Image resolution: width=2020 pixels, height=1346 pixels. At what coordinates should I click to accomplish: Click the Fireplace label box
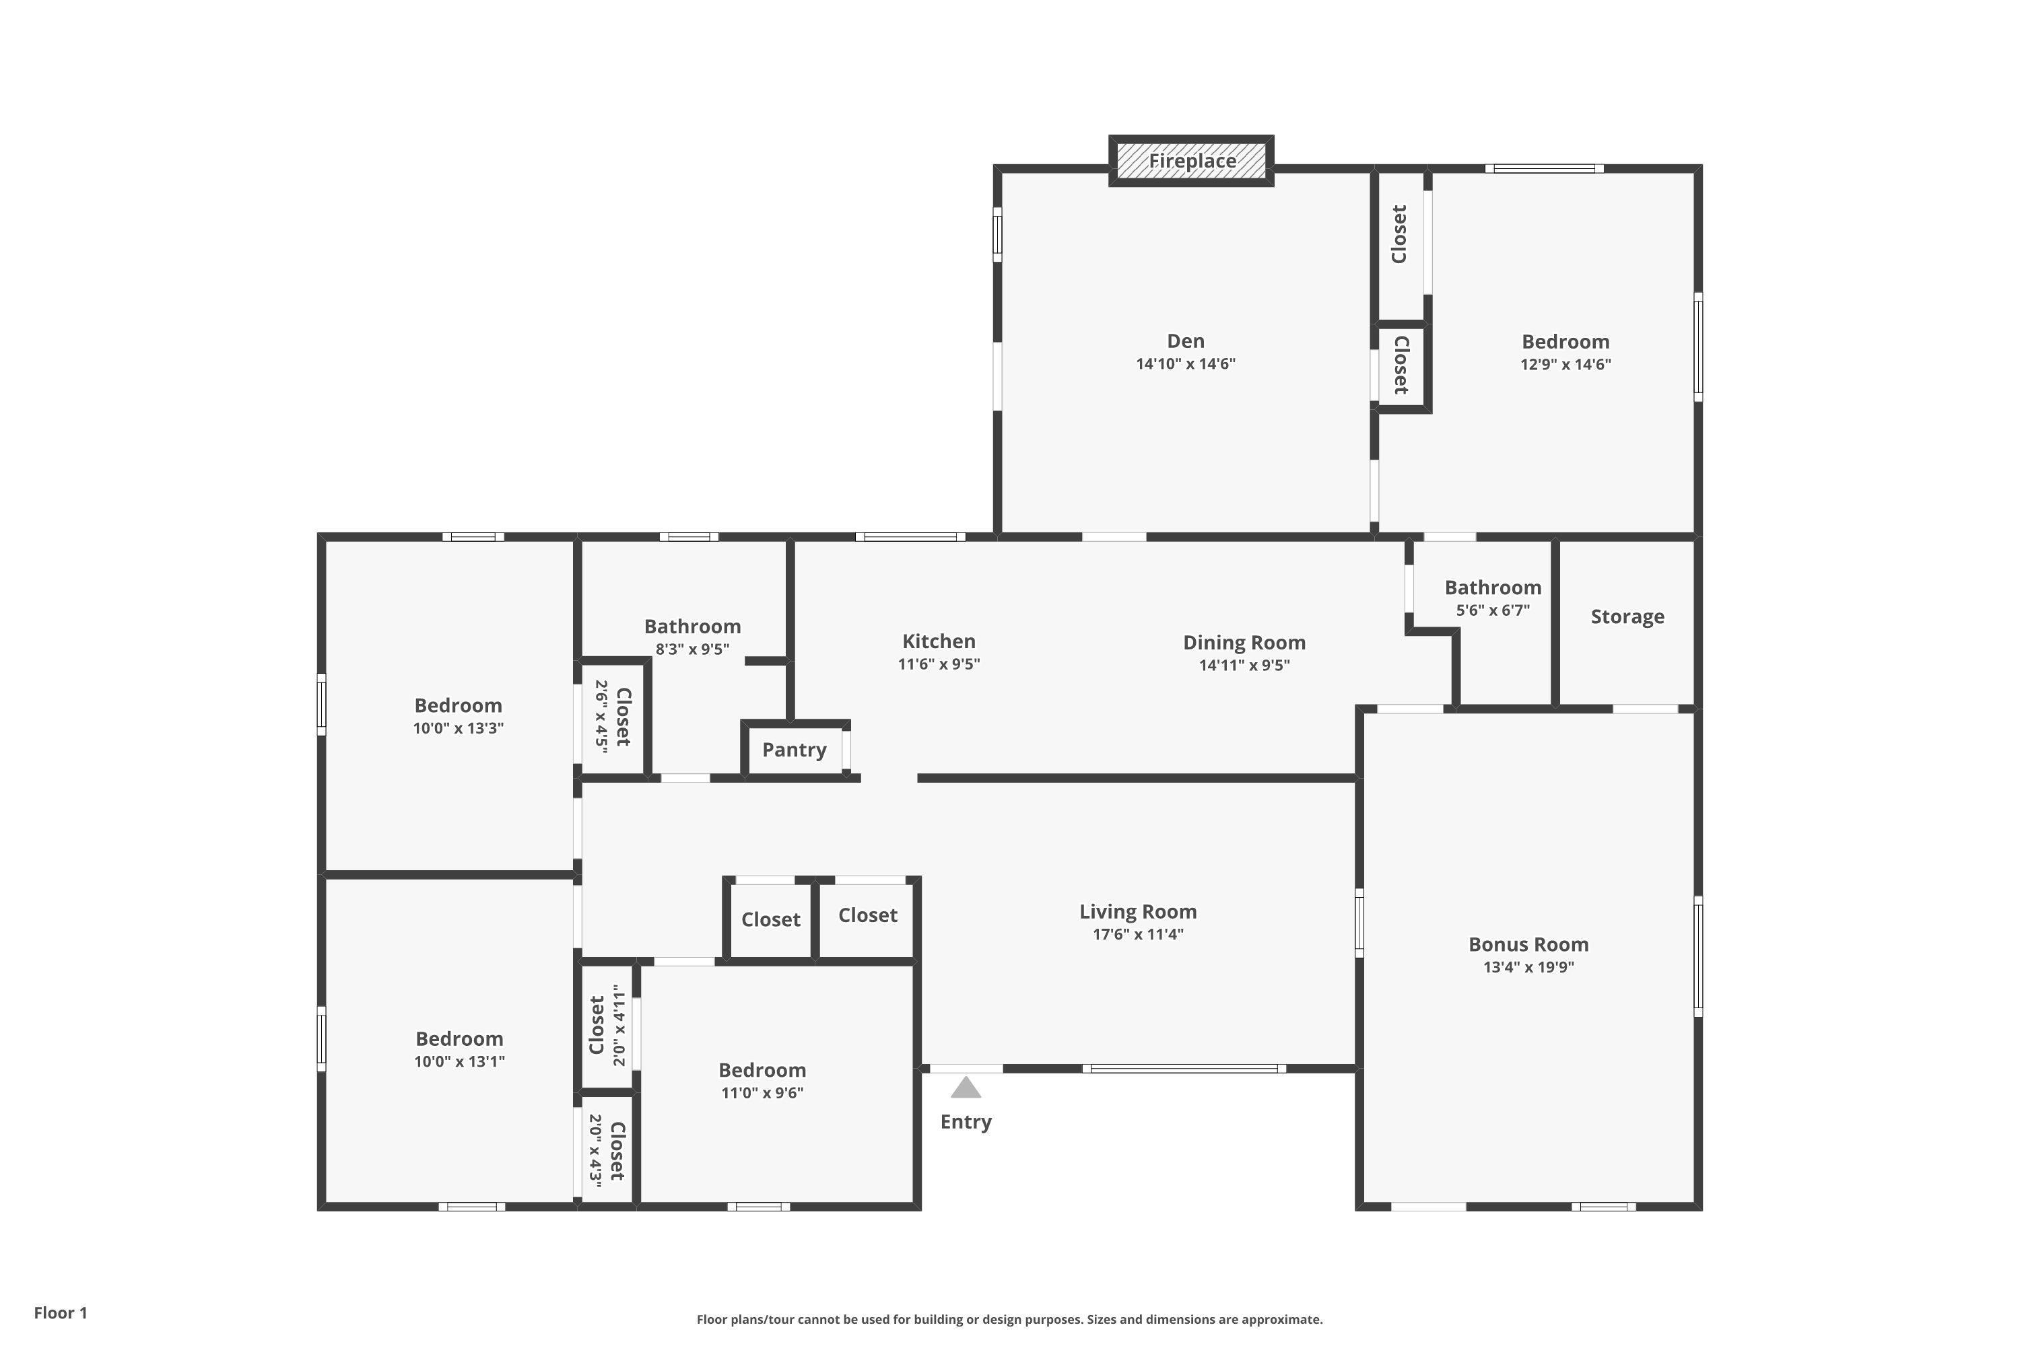[1191, 161]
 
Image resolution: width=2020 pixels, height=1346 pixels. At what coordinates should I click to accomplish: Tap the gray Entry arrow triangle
[966, 1088]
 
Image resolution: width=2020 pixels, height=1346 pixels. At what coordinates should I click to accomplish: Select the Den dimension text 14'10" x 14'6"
[1185, 364]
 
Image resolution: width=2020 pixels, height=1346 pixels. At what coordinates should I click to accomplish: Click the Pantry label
[795, 750]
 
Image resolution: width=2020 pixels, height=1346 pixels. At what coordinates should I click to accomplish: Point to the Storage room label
[1627, 617]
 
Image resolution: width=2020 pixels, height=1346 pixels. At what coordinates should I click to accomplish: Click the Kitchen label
[939, 641]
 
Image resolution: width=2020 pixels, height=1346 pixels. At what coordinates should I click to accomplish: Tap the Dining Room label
[1244, 643]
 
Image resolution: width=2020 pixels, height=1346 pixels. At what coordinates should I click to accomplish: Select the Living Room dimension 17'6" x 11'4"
[1138, 935]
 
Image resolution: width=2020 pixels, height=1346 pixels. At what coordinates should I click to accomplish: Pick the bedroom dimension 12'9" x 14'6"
[1565, 364]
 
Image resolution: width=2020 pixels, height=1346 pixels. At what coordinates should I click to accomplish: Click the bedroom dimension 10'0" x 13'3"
[459, 729]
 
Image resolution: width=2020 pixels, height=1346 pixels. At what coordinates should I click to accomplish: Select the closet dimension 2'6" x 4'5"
[601, 717]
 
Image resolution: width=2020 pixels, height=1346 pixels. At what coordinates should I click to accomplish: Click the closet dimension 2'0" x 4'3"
[595, 1151]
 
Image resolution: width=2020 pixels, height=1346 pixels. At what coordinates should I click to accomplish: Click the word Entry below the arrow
[966, 1122]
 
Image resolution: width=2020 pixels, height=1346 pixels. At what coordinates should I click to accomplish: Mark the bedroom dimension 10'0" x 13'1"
[459, 1062]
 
